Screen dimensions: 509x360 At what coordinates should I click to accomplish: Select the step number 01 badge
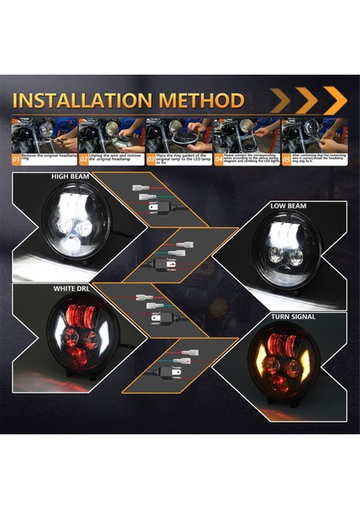point(16,158)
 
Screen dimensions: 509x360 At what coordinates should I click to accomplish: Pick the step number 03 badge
point(151,158)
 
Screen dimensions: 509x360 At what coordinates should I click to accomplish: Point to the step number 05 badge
point(286,158)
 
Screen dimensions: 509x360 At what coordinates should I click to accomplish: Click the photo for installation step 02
point(110,134)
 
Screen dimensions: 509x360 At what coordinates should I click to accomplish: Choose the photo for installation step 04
point(245,134)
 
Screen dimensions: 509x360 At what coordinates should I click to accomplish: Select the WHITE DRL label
point(73,289)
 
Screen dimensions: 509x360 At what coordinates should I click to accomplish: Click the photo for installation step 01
point(43,134)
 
